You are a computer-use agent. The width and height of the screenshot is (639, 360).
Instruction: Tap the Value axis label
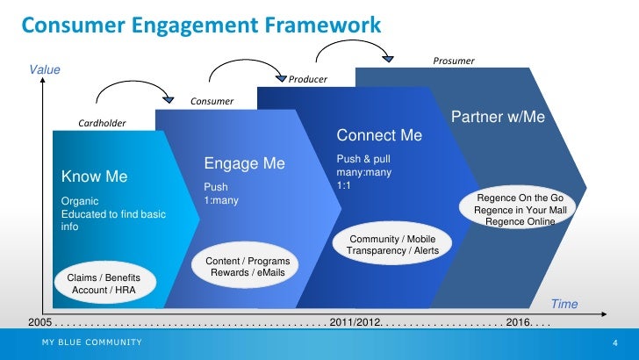pyautogui.click(x=43, y=68)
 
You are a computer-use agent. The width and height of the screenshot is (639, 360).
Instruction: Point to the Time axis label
pyautogui.click(x=564, y=304)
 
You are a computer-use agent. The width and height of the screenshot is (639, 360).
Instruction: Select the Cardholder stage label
pyautogui.click(x=102, y=123)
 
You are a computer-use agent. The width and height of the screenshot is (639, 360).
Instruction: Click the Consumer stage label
pyautogui.click(x=212, y=101)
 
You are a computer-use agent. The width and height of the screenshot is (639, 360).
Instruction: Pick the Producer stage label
pyautogui.click(x=307, y=79)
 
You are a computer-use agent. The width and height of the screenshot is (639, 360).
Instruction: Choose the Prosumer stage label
pyautogui.click(x=454, y=61)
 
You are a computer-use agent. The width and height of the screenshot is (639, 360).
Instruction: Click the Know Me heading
pyautogui.click(x=94, y=176)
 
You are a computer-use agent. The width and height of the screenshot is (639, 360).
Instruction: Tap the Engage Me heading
pyautogui.click(x=245, y=163)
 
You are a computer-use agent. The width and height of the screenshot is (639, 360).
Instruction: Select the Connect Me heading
pyautogui.click(x=379, y=136)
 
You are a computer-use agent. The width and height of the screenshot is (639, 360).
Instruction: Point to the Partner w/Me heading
pyautogui.click(x=498, y=117)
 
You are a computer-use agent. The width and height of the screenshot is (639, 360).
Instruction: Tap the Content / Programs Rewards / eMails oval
pyautogui.click(x=248, y=267)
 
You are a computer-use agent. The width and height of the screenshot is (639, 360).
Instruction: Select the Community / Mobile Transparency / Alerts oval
pyautogui.click(x=393, y=245)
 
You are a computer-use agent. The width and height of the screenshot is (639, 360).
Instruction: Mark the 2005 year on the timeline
pyautogui.click(x=41, y=322)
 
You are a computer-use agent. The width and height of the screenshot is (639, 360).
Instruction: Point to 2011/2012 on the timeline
pyautogui.click(x=355, y=322)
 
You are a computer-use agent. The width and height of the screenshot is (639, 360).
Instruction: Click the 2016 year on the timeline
pyautogui.click(x=520, y=322)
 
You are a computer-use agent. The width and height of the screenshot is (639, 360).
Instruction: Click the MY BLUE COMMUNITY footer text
pyautogui.click(x=90, y=342)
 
